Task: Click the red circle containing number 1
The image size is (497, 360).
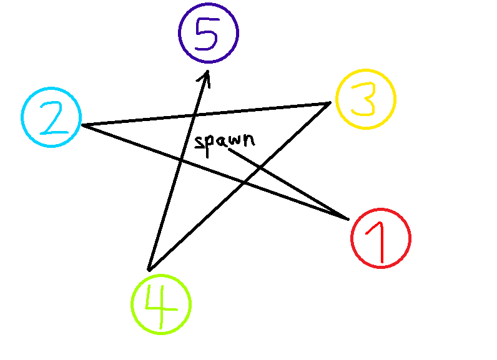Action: [380, 238]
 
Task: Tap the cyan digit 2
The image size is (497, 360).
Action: [54, 119]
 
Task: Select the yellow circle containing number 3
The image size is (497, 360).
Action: [365, 99]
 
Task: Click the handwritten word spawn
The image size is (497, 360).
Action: [224, 142]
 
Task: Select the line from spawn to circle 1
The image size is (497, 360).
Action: [287, 184]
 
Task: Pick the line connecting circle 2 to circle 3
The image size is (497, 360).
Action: [262, 110]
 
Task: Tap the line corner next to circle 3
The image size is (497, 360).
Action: [330, 103]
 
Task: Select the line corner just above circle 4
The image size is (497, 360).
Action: [149, 270]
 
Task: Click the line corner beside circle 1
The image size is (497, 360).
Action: [348, 219]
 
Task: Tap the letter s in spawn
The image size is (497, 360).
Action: [199, 142]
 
